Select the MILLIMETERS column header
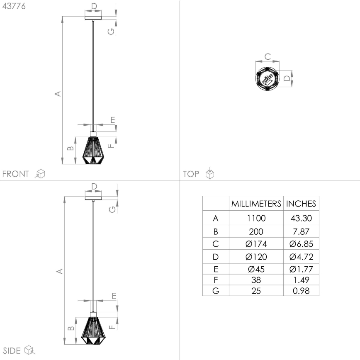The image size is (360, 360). [256, 204]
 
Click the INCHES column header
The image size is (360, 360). [301, 204]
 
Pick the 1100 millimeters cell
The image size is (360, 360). [256, 218]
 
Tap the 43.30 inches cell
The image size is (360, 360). [301, 218]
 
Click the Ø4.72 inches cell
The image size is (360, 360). [301, 257]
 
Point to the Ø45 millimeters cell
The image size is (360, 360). [256, 269]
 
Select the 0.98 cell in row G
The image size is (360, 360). [301, 291]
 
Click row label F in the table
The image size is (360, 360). [215, 280]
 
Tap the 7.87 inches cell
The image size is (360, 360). [301, 231]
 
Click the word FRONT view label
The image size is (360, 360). [16, 174]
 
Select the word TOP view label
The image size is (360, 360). [191, 174]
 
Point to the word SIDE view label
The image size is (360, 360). [12, 351]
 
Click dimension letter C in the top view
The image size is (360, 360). [268, 56]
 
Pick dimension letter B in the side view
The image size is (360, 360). [71, 328]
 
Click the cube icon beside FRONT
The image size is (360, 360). [40, 174]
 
